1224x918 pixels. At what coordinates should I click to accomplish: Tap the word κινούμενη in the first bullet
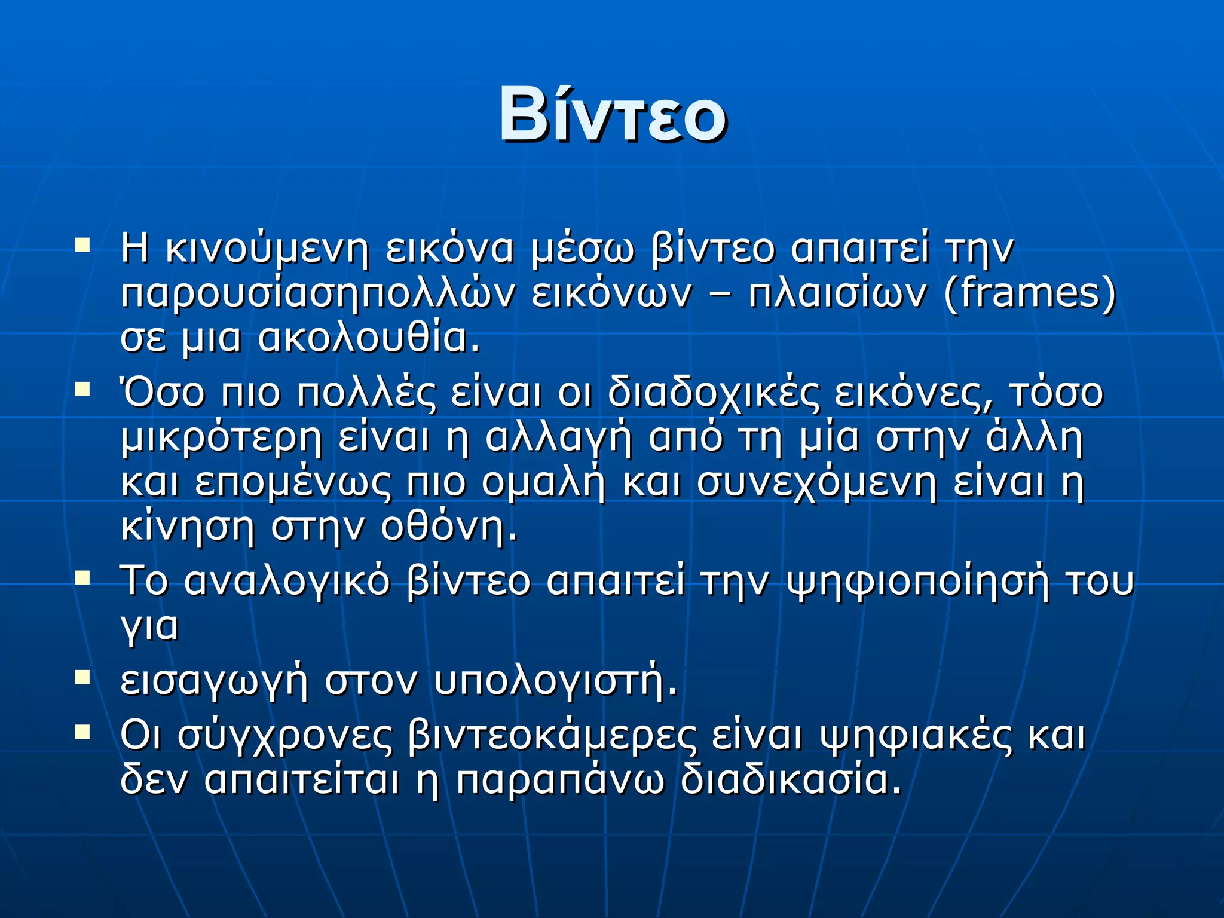tap(267, 249)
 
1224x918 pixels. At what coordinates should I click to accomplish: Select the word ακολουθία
tap(369, 338)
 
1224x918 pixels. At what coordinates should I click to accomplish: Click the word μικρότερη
tap(221, 439)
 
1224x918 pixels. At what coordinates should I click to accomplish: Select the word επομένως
tap(293, 483)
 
